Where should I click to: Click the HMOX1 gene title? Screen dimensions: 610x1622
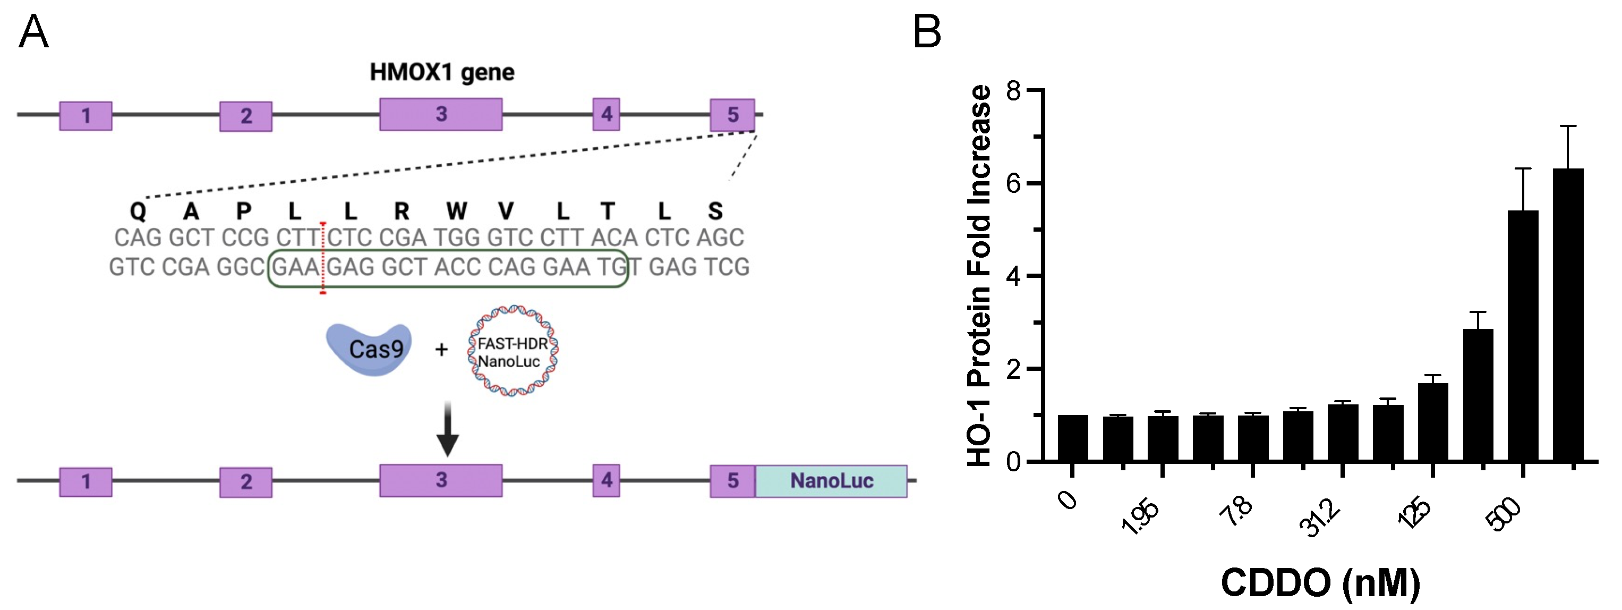[441, 72]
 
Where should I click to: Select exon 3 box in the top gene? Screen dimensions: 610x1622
[441, 114]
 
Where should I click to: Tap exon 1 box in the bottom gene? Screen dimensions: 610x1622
[86, 482]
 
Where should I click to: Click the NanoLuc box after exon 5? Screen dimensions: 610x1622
[831, 481]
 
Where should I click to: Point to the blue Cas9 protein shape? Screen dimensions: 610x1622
[369, 349]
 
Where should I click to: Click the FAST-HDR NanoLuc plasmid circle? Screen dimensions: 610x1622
[513, 352]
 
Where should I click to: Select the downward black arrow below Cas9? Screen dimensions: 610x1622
[448, 428]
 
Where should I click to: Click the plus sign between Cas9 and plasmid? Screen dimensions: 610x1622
[441, 349]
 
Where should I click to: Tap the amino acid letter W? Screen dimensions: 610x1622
[457, 211]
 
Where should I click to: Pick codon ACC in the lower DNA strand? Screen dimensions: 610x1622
[458, 267]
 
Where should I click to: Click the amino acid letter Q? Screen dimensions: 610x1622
[138, 211]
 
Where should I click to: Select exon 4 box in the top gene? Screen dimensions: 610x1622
[606, 114]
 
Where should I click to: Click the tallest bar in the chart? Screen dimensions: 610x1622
[1567, 315]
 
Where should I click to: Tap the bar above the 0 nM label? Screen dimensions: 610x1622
[1072, 438]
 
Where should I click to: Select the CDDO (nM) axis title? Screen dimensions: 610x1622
[1320, 582]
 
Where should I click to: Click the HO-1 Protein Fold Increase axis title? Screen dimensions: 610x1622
[980, 275]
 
